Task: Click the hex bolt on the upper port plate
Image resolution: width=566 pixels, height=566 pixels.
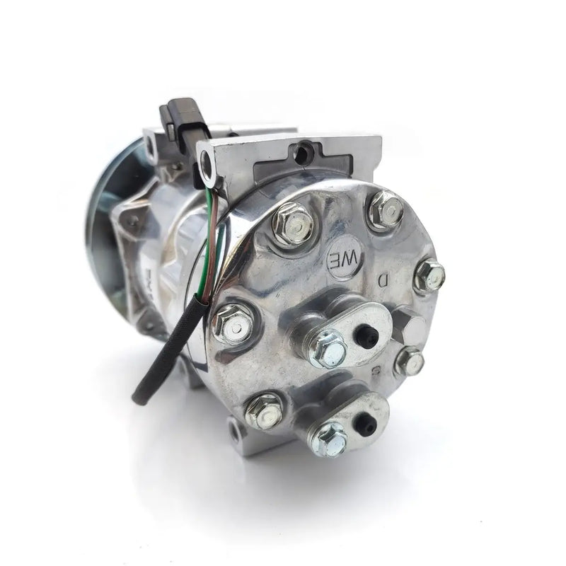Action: [x=328, y=348]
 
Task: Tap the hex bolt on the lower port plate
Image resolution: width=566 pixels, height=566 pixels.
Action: [x=328, y=438]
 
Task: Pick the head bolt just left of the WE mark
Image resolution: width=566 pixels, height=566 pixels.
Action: [x=292, y=224]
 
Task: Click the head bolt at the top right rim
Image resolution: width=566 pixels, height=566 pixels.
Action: [x=386, y=210]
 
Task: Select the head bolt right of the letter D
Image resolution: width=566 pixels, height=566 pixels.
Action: [x=429, y=275]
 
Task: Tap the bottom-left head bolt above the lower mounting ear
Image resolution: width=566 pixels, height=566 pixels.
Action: [x=264, y=410]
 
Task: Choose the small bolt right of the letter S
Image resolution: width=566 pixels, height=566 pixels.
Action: [x=410, y=362]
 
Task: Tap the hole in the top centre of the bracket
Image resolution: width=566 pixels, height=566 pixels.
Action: [x=305, y=151]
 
